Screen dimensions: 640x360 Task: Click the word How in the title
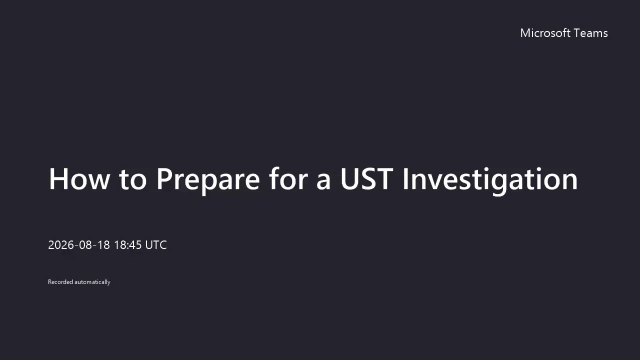(79, 178)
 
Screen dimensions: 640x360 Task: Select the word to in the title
(133, 179)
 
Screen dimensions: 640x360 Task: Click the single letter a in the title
(323, 181)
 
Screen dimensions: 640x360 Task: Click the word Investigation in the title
(490, 180)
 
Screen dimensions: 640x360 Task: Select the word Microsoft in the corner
(545, 33)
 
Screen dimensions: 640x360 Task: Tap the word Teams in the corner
(591, 33)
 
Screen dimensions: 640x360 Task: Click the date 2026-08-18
(79, 245)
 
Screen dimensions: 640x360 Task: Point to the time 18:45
(127, 245)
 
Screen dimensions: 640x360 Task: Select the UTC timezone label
(156, 245)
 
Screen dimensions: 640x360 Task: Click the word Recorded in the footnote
(60, 282)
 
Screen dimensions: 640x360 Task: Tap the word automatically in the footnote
(92, 282)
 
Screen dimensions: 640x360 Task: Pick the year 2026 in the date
(61, 245)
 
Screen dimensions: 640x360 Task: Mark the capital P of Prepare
(164, 179)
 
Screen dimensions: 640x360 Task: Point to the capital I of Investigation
(404, 179)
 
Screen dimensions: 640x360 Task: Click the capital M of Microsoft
(525, 33)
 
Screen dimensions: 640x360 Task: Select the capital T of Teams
(577, 33)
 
